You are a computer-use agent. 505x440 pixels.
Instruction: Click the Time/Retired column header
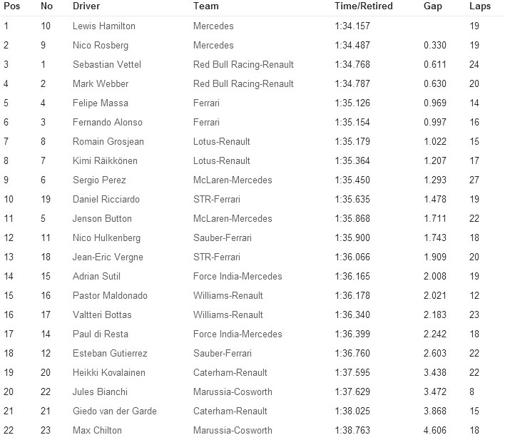pyautogui.click(x=364, y=6)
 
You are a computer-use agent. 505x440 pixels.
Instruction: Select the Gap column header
pyautogui.click(x=433, y=6)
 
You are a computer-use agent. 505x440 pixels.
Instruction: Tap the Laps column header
pyautogui.click(x=480, y=6)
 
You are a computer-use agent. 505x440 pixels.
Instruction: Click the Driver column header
pyautogui.click(x=86, y=6)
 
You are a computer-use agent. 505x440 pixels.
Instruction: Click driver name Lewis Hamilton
pyautogui.click(x=104, y=26)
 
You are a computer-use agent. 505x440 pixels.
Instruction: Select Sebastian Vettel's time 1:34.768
pyautogui.click(x=352, y=65)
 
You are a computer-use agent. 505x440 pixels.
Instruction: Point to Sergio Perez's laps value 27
pyautogui.click(x=474, y=180)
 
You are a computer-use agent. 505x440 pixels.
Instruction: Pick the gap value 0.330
pyautogui.click(x=434, y=46)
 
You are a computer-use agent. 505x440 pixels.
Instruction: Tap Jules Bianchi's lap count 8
pyautogui.click(x=472, y=392)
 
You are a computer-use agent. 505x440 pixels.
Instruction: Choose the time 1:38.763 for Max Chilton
pyautogui.click(x=352, y=431)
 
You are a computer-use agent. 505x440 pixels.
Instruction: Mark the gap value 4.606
pyautogui.click(x=434, y=431)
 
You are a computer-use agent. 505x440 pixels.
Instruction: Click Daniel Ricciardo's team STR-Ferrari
pyautogui.click(x=218, y=200)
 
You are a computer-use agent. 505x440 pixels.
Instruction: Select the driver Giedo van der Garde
pyautogui.click(x=115, y=411)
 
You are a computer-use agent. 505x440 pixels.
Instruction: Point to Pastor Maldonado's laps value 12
pyautogui.click(x=474, y=296)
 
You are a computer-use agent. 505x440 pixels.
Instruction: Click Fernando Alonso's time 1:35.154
pyautogui.click(x=352, y=123)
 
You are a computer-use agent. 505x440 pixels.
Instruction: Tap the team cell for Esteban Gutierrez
pyautogui.click(x=223, y=354)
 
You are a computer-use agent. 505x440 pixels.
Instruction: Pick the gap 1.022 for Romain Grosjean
pyautogui.click(x=434, y=142)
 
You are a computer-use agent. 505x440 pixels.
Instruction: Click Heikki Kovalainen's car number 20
pyautogui.click(x=46, y=373)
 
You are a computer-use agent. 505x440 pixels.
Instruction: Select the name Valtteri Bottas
pyautogui.click(x=102, y=315)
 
